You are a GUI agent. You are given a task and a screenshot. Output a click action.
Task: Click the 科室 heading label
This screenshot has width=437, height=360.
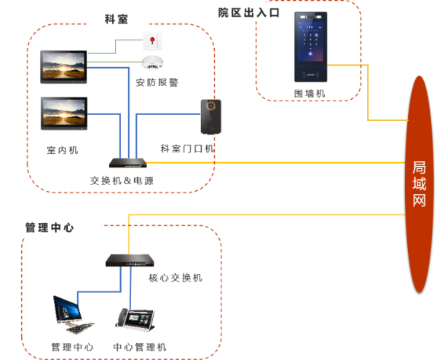tap(117, 18)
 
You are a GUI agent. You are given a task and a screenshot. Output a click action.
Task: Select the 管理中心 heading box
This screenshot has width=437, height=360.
tap(50, 227)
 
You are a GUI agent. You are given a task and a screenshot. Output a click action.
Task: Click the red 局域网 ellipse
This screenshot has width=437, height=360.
tap(419, 184)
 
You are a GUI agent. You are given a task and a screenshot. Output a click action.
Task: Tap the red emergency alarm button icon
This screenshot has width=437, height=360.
tap(152, 38)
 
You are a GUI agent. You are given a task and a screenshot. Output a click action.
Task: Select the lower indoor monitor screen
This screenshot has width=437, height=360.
tap(63, 113)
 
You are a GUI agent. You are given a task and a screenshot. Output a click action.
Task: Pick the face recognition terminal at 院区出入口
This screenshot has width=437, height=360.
tap(311, 47)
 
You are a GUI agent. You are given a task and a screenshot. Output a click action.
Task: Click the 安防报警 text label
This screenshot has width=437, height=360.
tap(157, 82)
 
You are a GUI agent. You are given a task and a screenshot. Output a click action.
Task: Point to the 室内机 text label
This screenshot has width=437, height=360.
tap(63, 150)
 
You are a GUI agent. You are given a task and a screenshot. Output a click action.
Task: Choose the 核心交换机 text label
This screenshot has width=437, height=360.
tap(175, 278)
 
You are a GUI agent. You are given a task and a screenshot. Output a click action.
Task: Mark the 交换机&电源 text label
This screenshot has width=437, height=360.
tap(122, 180)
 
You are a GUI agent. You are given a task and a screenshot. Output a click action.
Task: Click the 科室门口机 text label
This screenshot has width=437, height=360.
tap(186, 149)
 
